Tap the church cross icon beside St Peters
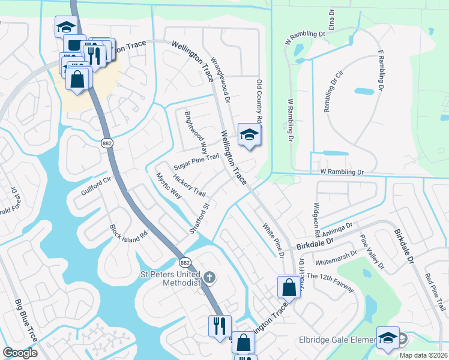(209, 277)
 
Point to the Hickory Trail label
(189, 185)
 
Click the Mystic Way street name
(168, 186)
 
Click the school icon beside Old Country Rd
(249, 135)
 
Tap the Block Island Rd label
(128, 232)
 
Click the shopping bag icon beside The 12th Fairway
(289, 287)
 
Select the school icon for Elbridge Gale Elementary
(387, 338)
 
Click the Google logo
(20, 353)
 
